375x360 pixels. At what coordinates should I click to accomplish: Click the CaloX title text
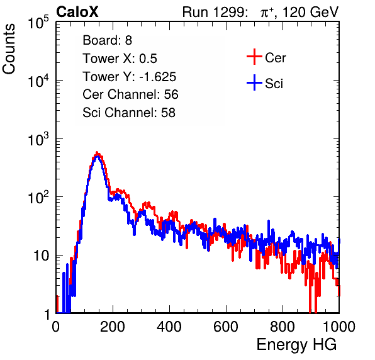pyautogui.click(x=77, y=12)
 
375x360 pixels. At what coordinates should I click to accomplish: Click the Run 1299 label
pyautogui.click(x=215, y=12)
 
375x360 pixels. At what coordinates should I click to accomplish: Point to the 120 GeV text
pyautogui.click(x=310, y=12)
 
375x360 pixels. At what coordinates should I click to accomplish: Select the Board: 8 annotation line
pyautogui.click(x=108, y=40)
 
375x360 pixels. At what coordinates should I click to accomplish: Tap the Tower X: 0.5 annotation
pyautogui.click(x=120, y=59)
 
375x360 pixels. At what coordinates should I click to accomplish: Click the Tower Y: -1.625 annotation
pyautogui.click(x=130, y=77)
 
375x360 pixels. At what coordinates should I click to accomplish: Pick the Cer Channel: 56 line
pyautogui.click(x=130, y=94)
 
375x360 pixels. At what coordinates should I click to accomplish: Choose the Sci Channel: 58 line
pyautogui.click(x=129, y=113)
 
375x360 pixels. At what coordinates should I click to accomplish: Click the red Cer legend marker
pyautogui.click(x=254, y=57)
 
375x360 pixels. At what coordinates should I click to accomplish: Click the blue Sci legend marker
pyautogui.click(x=254, y=83)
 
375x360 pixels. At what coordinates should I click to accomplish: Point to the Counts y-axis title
pyautogui.click(x=9, y=49)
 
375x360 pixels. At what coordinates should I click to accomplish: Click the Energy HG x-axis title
pyautogui.click(x=296, y=345)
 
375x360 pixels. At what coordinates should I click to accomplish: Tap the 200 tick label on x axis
pyautogui.click(x=113, y=327)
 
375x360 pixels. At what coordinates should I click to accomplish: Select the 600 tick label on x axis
pyautogui.click(x=226, y=327)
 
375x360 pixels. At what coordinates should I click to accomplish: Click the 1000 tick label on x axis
pyautogui.click(x=339, y=327)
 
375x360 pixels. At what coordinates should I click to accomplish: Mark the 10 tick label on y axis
pyautogui.click(x=42, y=256)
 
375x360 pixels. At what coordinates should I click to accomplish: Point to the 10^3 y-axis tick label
pyautogui.click(x=38, y=139)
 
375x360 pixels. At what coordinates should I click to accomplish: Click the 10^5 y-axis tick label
pyautogui.click(x=38, y=23)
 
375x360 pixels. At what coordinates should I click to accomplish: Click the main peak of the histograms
pyautogui.click(x=97, y=154)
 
